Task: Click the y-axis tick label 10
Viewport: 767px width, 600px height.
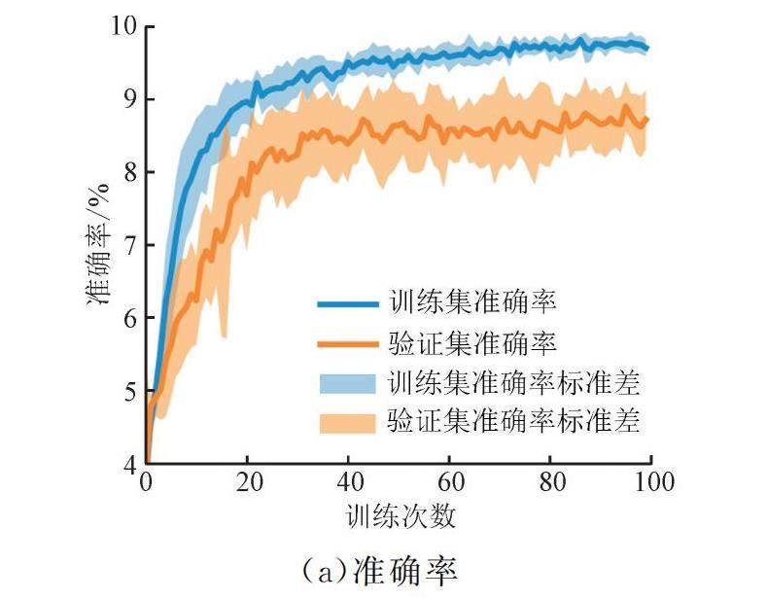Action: pos(122,26)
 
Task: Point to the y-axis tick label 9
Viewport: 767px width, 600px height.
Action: pos(127,99)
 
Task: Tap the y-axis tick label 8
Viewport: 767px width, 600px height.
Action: pos(127,172)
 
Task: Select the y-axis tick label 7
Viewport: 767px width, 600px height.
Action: pos(127,245)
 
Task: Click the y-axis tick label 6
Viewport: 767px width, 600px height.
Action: pos(127,318)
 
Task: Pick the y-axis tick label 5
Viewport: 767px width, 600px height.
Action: pos(127,392)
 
